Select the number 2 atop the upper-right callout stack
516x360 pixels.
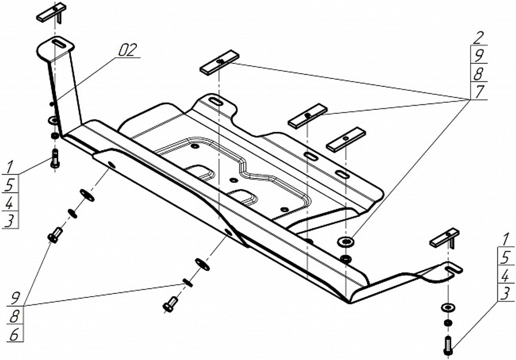[479, 37]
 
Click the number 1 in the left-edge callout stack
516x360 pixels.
[9, 167]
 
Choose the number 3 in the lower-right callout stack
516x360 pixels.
[505, 293]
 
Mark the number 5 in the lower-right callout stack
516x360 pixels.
[505, 257]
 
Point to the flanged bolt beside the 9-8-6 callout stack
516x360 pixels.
[55, 235]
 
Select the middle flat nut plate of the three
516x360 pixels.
[308, 116]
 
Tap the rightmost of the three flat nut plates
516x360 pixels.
[346, 139]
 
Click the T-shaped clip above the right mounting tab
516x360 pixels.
[445, 238]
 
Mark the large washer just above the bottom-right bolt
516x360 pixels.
[446, 307]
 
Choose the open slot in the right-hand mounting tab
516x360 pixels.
[454, 268]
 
